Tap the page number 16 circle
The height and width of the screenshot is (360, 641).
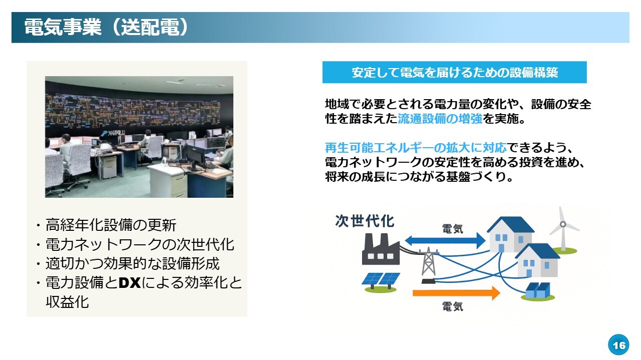pyautogui.click(x=618, y=345)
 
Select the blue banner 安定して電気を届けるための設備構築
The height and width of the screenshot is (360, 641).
pyautogui.click(x=454, y=72)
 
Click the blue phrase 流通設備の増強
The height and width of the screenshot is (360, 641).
pyautogui.click(x=440, y=119)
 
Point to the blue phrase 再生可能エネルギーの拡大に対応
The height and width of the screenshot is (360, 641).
pyautogui.click(x=416, y=148)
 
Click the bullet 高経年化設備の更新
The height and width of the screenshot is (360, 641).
pyautogui.click(x=111, y=225)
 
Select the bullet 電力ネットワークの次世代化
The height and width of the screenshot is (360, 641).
pyautogui.click(x=140, y=244)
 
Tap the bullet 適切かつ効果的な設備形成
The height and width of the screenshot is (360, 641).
pyautogui.click(x=133, y=263)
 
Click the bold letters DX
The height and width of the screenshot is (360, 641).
pyautogui.click(x=129, y=283)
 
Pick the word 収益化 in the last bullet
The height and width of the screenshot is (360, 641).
pyautogui.click(x=67, y=302)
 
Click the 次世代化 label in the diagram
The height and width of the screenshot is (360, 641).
pyautogui.click(x=365, y=221)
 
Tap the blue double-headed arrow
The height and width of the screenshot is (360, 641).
pyautogui.click(x=445, y=240)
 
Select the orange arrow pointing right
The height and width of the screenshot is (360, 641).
pyautogui.click(x=456, y=293)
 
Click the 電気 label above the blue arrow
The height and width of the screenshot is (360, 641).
pyautogui.click(x=452, y=229)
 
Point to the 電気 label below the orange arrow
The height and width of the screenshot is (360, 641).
pyautogui.click(x=452, y=306)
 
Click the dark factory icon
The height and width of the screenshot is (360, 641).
pyautogui.click(x=381, y=249)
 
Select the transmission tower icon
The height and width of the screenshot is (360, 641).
pyautogui.click(x=428, y=265)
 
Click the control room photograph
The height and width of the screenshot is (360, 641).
pyautogui.click(x=139, y=137)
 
